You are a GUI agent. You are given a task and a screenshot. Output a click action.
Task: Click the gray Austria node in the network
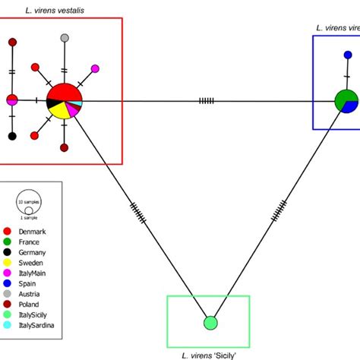[65, 38]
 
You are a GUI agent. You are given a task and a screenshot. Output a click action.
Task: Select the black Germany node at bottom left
[12, 136]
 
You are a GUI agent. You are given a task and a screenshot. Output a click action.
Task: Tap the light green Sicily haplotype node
[210, 324]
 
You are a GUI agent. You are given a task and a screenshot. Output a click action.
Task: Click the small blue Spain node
[348, 55]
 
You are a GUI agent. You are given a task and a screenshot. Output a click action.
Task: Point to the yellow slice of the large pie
[57, 111]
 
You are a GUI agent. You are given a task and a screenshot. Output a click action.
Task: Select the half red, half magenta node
[12, 99]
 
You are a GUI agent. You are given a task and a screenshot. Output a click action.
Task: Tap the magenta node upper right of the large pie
[95, 69]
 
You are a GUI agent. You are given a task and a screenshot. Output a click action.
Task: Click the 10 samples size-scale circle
[30, 202]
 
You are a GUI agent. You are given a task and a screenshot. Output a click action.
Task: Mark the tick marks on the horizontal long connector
[206, 100]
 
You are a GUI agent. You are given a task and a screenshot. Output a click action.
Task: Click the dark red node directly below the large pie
[65, 147]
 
